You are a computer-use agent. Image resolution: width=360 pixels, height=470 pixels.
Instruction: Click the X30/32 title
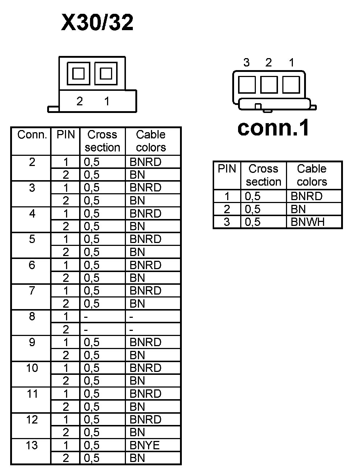click(x=97, y=22)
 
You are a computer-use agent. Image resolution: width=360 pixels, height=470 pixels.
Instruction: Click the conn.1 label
click(x=274, y=128)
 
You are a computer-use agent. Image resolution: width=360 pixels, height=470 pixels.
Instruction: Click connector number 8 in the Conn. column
click(x=32, y=316)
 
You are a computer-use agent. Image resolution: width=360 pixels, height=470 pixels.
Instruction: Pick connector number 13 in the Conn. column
click(x=32, y=445)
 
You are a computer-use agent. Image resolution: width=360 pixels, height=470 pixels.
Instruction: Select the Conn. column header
click(x=32, y=135)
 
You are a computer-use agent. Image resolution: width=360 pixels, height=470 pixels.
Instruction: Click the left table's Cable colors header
click(x=151, y=141)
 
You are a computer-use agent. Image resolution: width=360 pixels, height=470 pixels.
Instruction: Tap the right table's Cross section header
click(x=263, y=175)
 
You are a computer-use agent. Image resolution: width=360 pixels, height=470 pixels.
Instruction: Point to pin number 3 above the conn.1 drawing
click(x=246, y=63)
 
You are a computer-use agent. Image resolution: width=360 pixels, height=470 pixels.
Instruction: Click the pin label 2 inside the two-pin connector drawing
click(x=79, y=101)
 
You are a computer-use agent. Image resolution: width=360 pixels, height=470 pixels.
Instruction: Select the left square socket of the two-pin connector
click(x=78, y=74)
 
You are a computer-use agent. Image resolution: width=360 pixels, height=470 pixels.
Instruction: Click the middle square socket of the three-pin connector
click(x=269, y=85)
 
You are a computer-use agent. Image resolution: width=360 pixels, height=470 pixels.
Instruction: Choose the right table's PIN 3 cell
click(x=227, y=222)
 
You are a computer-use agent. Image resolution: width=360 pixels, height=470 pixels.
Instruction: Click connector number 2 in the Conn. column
click(x=32, y=162)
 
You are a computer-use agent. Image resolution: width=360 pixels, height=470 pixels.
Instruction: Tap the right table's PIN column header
click(x=227, y=169)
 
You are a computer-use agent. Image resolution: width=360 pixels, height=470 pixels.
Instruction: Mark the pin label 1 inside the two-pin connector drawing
click(x=107, y=101)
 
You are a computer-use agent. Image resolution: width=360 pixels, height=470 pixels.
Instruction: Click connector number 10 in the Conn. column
click(x=32, y=368)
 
